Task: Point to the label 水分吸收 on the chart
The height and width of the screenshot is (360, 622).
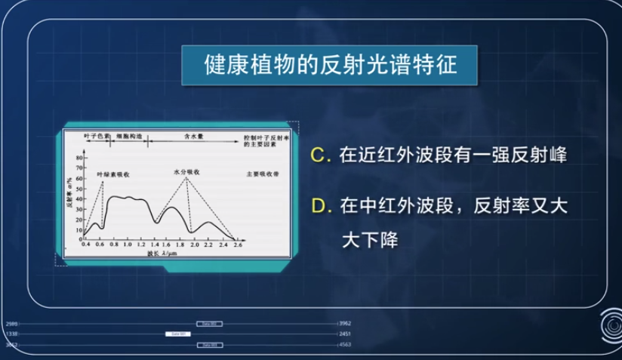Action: click(186, 172)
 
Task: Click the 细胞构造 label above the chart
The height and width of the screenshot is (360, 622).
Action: click(128, 139)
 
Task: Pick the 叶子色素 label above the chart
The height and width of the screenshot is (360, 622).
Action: click(97, 139)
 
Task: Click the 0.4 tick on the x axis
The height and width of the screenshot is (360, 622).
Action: click(85, 247)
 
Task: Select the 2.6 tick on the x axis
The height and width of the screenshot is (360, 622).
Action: click(238, 247)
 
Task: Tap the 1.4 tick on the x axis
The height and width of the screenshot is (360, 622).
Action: click(154, 247)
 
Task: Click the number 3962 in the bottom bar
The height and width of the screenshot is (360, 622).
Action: click(345, 322)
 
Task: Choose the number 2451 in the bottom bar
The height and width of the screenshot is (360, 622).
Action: click(345, 333)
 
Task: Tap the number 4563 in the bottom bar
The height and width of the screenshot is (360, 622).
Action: click(345, 344)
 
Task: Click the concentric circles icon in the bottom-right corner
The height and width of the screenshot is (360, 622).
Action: click(607, 325)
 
